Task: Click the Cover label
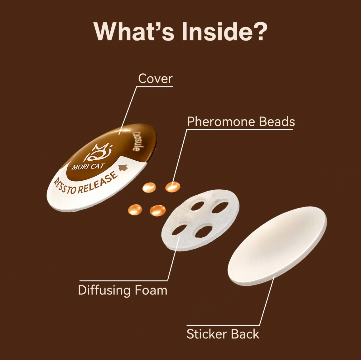(156, 79)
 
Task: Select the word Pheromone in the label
(221, 122)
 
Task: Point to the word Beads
(277, 122)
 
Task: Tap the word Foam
(151, 290)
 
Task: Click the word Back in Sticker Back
(245, 334)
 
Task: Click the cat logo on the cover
(98, 152)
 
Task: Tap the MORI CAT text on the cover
(88, 166)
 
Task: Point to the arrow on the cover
(123, 168)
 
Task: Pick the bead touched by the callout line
(173, 187)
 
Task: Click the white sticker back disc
(277, 246)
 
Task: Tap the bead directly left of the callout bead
(149, 187)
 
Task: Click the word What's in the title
(133, 32)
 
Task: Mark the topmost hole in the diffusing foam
(198, 206)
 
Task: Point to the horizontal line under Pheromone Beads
(240, 130)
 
